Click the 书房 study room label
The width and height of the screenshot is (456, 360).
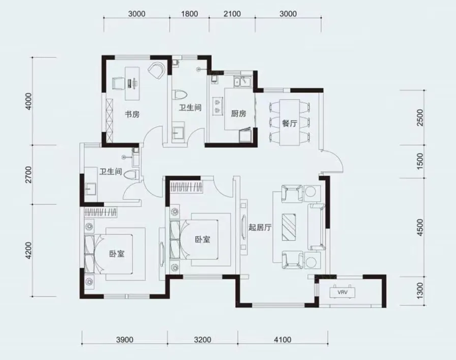pos(132,114)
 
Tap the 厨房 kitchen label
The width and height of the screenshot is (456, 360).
pos(238,114)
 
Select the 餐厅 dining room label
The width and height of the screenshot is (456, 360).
pos(290,123)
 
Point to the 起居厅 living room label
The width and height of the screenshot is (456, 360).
pos(260,227)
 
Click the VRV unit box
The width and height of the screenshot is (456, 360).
pos(342,292)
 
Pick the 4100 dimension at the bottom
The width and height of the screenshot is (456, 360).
pos(283,339)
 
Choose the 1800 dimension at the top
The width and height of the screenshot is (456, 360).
pos(189,14)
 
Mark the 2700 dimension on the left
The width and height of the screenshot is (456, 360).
pos(28,174)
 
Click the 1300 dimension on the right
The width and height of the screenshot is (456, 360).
pos(420,291)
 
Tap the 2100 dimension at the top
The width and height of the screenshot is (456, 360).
pos(232,14)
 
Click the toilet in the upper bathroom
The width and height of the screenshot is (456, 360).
pos(180,94)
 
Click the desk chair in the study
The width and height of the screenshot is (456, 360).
pos(118,83)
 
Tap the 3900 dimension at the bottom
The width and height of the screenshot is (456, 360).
pos(124,339)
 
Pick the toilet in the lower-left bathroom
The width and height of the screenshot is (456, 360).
pos(131,175)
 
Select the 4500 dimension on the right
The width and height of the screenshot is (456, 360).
pos(420,227)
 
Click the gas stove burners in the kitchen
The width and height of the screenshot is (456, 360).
pos(217,106)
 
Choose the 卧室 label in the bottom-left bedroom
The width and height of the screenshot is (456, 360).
pos(117,254)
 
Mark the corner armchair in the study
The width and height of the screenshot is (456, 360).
pos(157,70)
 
